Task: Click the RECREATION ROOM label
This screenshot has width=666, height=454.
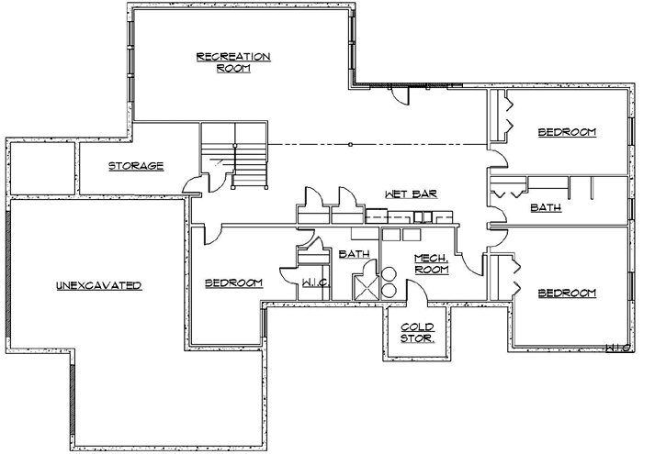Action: point(233,61)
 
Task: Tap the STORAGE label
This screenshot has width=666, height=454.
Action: point(137,166)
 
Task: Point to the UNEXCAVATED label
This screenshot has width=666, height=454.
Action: point(97,286)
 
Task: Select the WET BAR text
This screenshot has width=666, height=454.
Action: point(410,194)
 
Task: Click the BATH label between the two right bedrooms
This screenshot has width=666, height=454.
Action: point(546,208)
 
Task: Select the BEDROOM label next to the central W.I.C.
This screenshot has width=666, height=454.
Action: point(234,282)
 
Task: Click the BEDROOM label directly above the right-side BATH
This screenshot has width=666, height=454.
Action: point(567,132)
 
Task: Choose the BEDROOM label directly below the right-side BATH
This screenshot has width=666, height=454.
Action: point(567,293)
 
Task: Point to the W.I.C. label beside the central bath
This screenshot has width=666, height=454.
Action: point(309,283)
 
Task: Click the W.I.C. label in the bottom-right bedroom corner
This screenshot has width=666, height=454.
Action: point(616,348)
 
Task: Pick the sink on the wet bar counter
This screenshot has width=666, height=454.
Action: point(423,217)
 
